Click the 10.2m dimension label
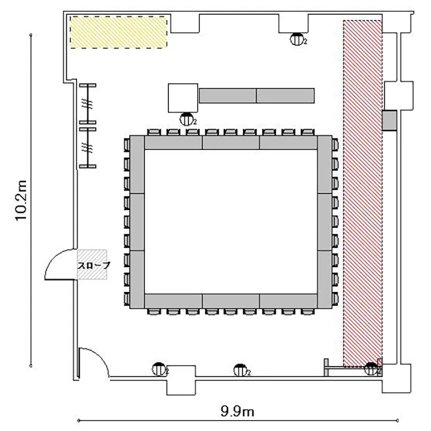point(21,201)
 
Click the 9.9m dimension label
point(237,411)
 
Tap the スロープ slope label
point(94,265)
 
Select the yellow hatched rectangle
point(119,32)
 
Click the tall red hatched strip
point(363,194)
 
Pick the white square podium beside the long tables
point(183,98)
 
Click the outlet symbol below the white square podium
point(187,120)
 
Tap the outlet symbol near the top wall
point(297,39)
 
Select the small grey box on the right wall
point(390,121)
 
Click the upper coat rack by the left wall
point(88,104)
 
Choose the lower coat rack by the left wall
point(88,148)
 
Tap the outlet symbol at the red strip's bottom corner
point(372,369)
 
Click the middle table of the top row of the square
point(230,143)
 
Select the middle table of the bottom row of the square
point(230,301)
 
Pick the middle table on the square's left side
point(137,222)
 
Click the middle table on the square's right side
point(325,222)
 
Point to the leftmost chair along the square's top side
point(153,132)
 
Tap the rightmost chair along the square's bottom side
point(307,311)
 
